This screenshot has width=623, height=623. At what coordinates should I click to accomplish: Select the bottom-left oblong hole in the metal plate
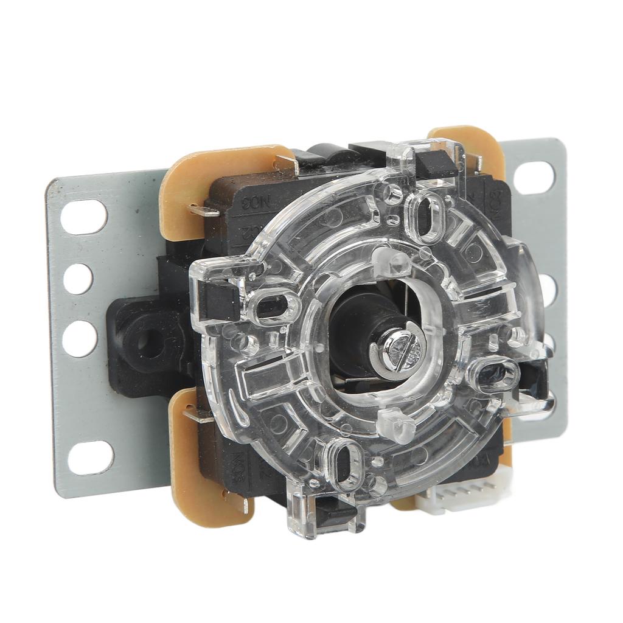(x=90, y=458)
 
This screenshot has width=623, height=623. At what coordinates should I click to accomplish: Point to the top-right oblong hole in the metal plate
(x=534, y=177)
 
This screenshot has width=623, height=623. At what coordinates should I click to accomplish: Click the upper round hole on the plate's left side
(x=78, y=279)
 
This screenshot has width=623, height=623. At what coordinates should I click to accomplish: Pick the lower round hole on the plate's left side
(x=80, y=338)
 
